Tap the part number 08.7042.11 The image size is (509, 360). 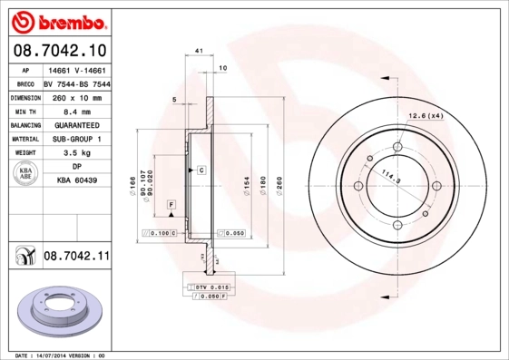[76, 257]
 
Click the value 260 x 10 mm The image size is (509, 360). [76, 97]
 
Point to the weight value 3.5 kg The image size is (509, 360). [76, 154]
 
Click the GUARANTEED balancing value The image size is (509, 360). [76, 126]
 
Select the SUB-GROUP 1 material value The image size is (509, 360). [76, 140]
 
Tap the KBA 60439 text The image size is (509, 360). [76, 182]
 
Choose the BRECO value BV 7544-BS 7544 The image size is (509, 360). [76, 83]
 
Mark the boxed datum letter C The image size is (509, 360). [201, 170]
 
